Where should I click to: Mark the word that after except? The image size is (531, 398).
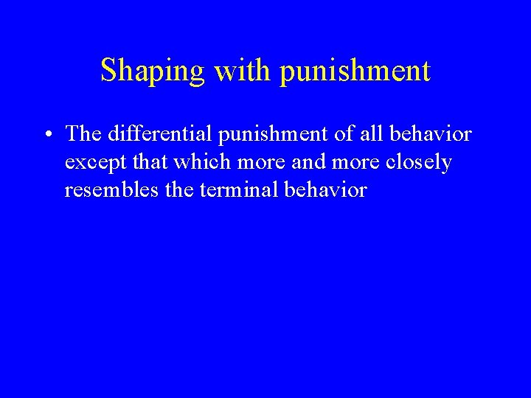point(139,162)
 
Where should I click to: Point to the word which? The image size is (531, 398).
point(187,162)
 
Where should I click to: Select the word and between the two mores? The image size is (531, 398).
point(282,162)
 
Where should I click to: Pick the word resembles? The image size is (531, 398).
point(103,190)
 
